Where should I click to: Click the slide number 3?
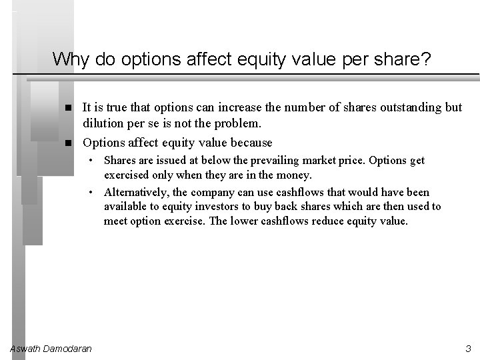468,348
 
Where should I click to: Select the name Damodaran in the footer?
67,348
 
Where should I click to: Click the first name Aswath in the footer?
25,348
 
